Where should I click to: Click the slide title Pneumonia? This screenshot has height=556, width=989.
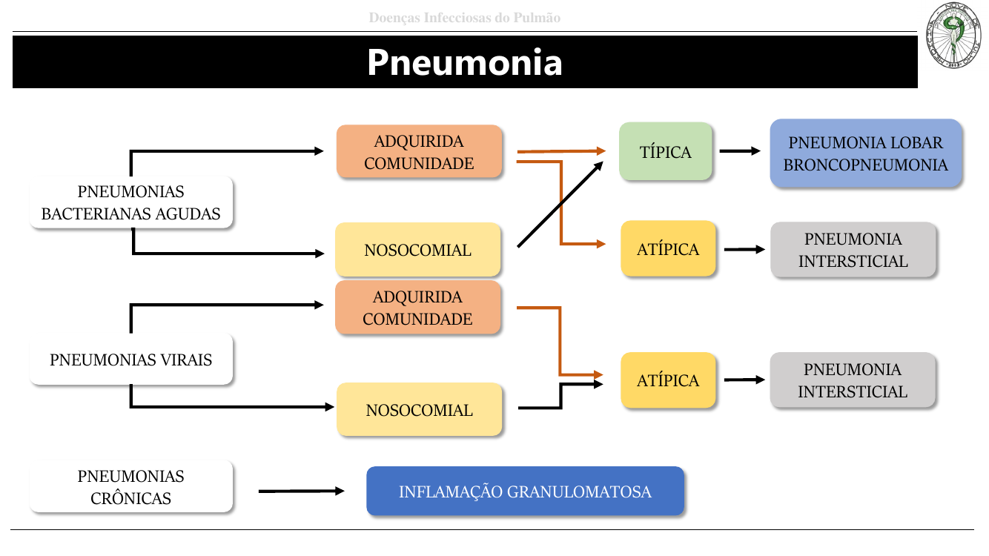click(465, 63)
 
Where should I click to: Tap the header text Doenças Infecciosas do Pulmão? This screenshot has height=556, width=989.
click(465, 18)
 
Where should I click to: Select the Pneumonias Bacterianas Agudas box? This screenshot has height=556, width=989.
click(131, 202)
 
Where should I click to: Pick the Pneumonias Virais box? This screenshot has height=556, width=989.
click(131, 360)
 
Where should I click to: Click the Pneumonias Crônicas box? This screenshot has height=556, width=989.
click(131, 487)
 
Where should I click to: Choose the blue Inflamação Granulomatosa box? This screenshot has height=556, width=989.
click(525, 492)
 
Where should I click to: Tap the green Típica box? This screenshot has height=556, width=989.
click(666, 152)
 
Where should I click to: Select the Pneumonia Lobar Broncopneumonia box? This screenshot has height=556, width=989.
click(866, 153)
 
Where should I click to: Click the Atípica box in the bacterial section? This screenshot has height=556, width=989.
click(668, 249)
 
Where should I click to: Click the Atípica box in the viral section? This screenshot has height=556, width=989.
click(668, 380)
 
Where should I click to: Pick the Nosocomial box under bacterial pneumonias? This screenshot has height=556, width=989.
click(418, 250)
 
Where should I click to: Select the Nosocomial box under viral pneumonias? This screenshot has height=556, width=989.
click(419, 410)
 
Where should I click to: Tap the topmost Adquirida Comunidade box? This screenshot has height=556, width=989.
click(420, 152)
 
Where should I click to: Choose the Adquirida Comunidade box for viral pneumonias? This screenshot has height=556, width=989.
click(418, 308)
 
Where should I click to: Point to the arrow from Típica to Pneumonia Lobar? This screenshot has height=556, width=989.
click(740, 151)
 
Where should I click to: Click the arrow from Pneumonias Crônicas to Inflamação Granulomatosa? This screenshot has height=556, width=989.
click(301, 491)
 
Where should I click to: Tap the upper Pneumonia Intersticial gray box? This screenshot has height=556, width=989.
click(853, 250)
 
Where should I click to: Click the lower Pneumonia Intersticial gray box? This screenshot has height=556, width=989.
click(853, 380)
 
